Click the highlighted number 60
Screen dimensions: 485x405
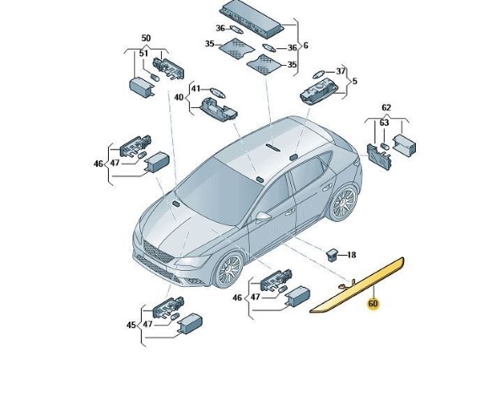point(373,304)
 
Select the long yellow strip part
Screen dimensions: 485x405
point(357,285)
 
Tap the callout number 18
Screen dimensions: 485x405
point(352,255)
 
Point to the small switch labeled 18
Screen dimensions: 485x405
point(331,255)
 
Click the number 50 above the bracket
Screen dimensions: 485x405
point(146,38)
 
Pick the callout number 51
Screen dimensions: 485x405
point(143,53)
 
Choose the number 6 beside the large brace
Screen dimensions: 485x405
point(306,46)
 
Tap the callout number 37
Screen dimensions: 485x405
point(341,71)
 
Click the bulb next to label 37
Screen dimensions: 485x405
point(319,74)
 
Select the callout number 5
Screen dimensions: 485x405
point(355,81)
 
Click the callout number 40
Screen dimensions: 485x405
point(179,98)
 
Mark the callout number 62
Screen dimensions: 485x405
point(386,108)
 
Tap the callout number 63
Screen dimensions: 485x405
point(384,122)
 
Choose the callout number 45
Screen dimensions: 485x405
point(132,325)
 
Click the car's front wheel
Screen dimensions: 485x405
point(229,270)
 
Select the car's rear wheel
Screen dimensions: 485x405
point(343,202)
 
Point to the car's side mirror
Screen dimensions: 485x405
point(262,216)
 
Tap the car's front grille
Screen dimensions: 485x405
point(159,252)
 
